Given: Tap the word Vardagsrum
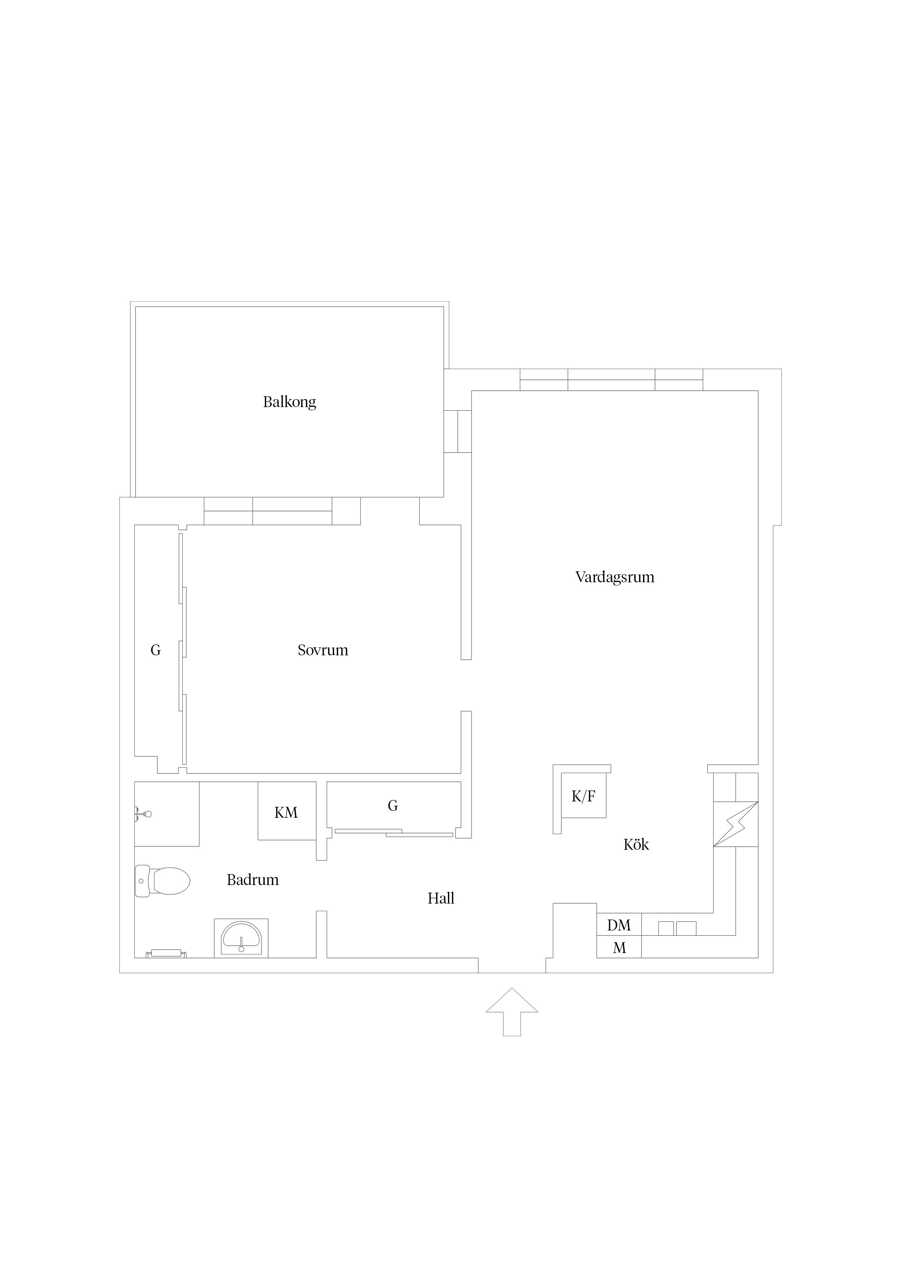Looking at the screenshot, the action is (x=615, y=578).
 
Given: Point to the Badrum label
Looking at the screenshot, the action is (x=252, y=880).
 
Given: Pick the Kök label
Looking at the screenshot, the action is (x=636, y=845).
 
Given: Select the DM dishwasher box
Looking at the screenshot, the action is (x=619, y=925).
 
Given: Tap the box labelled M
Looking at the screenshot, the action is (x=619, y=948).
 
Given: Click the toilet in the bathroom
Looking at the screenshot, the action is (x=162, y=881).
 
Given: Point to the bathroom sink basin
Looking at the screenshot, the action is (x=241, y=938).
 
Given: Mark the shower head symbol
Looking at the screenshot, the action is (x=143, y=815).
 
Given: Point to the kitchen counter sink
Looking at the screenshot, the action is (x=677, y=929).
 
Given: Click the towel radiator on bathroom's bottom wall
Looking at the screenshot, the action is (x=166, y=953).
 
